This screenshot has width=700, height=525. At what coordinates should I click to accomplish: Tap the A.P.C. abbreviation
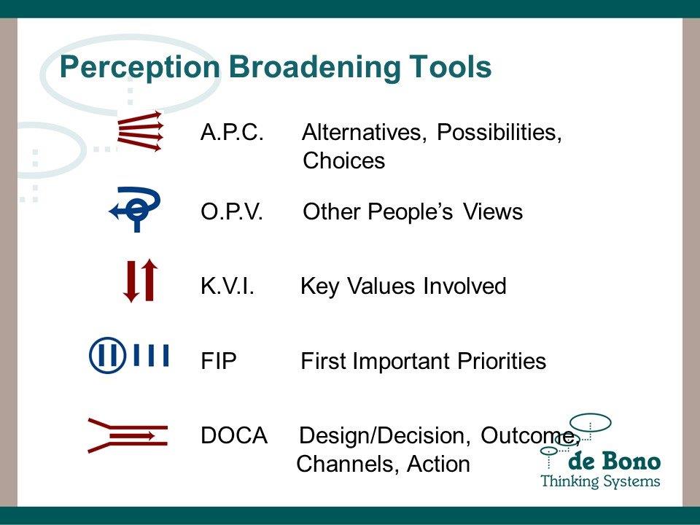coord(232,132)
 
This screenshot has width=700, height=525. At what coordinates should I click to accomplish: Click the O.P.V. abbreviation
coord(232,211)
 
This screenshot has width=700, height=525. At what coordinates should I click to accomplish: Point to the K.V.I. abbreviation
coord(227,286)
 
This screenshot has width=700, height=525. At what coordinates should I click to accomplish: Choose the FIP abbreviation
coord(218,361)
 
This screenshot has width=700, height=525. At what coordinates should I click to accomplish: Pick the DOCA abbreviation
coord(234,435)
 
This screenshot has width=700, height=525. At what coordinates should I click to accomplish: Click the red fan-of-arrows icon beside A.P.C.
coord(140,131)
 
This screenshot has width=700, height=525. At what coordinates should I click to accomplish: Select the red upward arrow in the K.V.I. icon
coord(149,280)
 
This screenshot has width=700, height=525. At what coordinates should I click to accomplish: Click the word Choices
coord(343,160)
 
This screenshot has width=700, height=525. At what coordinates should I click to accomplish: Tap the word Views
coord(492,211)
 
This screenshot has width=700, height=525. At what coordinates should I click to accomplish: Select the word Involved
coord(464,286)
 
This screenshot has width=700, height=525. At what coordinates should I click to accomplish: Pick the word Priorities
coord(502,361)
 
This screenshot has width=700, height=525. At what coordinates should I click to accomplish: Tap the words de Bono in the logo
coord(614,461)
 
